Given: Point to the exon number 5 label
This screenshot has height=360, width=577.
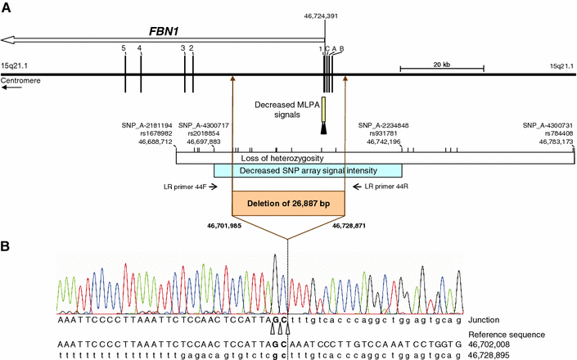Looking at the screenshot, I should tap(124, 49).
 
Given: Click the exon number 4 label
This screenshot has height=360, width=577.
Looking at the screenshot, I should tap(140, 49).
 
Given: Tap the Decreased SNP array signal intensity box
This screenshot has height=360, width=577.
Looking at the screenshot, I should tap(308, 170).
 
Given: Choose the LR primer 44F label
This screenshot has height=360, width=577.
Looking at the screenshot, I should tap(185, 187).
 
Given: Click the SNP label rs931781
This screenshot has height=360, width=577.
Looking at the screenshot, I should tap(379, 133).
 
